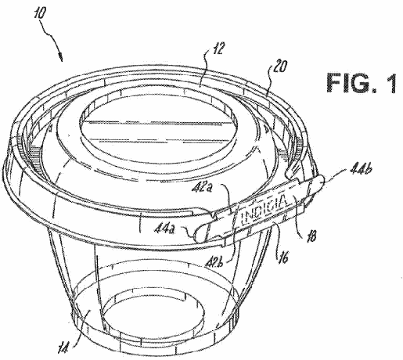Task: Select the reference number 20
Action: coord(280,67)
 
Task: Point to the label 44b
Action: coord(360,171)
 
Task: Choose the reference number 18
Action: coord(311,236)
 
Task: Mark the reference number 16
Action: coord(282,257)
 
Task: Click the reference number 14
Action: coord(63,347)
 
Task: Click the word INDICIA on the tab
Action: coord(264,210)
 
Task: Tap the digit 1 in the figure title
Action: coord(390,83)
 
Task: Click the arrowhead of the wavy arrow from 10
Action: coord(61,57)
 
